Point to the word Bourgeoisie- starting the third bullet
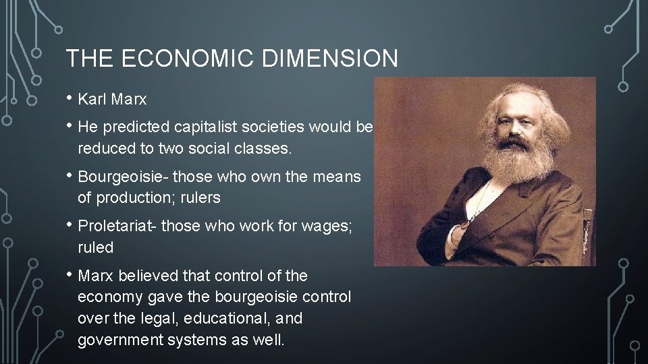click(124, 177)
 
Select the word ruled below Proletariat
click(96, 247)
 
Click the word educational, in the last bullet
click(230, 318)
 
